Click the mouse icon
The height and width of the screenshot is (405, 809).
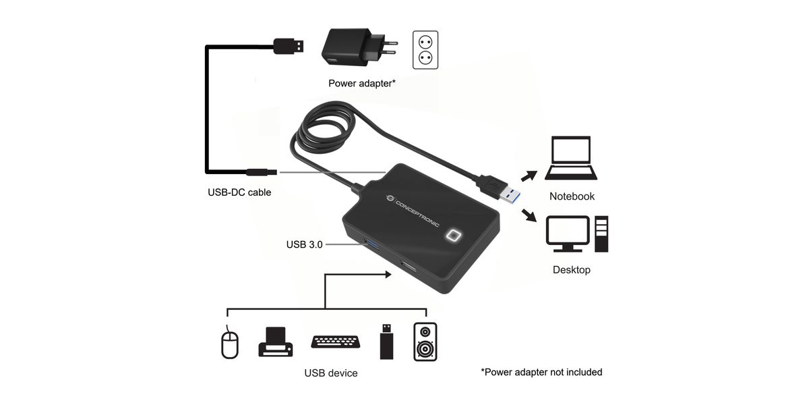(231, 342)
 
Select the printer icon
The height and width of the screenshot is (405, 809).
(275, 342)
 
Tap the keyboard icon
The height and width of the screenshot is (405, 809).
(335, 342)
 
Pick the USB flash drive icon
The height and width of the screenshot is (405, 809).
(386, 342)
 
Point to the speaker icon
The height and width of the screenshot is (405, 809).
(425, 342)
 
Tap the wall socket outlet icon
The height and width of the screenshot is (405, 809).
(425, 50)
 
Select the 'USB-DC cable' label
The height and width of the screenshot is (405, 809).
(239, 192)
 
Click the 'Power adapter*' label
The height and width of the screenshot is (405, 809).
(362, 84)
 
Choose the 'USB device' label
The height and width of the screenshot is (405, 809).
(330, 373)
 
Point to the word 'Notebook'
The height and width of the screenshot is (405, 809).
(572, 196)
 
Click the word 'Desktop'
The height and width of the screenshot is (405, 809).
(571, 270)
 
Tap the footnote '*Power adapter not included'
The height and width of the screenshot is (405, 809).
(541, 372)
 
